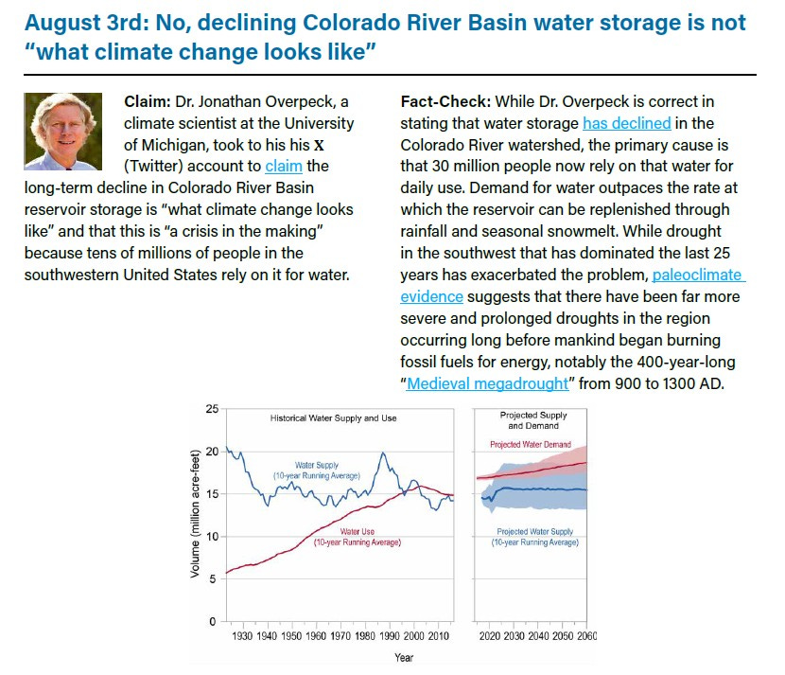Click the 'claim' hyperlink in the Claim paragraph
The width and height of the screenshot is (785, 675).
(x=284, y=166)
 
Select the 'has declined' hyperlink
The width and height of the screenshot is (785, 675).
(x=626, y=123)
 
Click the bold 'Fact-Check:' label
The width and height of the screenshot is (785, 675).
(x=443, y=101)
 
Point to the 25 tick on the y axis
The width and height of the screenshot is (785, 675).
(x=211, y=409)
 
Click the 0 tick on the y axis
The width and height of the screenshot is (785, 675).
(x=215, y=621)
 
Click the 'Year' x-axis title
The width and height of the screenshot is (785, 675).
(x=403, y=657)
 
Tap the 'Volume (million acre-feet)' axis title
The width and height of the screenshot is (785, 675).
(x=196, y=517)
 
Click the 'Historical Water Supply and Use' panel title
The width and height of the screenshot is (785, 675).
(x=333, y=417)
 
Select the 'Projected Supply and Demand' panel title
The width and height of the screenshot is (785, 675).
(x=533, y=420)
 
